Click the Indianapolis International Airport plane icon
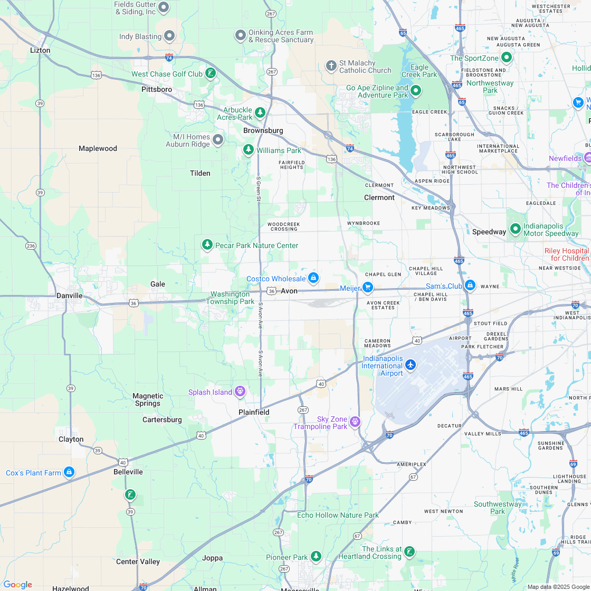pyautogui.click(x=411, y=365)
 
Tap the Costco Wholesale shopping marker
pyautogui.click(x=313, y=278)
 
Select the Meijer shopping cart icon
pyautogui.click(x=368, y=288)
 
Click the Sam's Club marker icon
pyautogui.click(x=470, y=285)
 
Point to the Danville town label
pyautogui.click(x=70, y=295)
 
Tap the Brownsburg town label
pyautogui.click(x=263, y=130)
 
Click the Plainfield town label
pyautogui.click(x=253, y=412)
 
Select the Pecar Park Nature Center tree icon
pyautogui.click(x=207, y=244)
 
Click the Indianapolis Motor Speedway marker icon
pyautogui.click(x=515, y=230)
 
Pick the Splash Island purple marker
pyautogui.click(x=240, y=391)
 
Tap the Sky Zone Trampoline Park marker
pyautogui.click(x=355, y=421)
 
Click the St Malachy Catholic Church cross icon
pyautogui.click(x=331, y=65)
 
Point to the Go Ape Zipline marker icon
pyautogui.click(x=416, y=91)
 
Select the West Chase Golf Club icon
pyautogui.click(x=210, y=73)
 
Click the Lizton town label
pyautogui.click(x=40, y=50)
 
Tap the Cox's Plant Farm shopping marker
pyautogui.click(x=69, y=472)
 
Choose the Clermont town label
pyautogui.click(x=379, y=197)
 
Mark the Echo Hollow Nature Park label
pyautogui.click(x=338, y=515)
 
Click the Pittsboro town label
pyautogui.click(x=157, y=89)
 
